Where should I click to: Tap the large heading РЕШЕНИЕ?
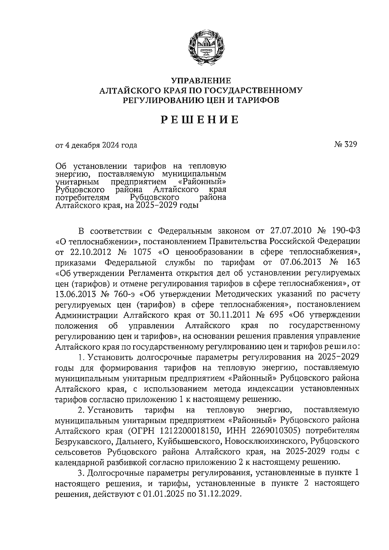(200, 120)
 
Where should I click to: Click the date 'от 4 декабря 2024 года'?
(96, 145)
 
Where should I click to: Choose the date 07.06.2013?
(299, 262)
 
